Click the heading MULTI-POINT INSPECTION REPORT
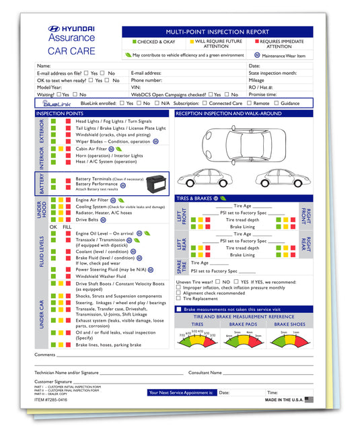pyautogui.click(x=217, y=32)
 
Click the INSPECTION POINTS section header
pyautogui.click(x=61, y=114)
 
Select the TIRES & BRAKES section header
pyautogui.click(x=194, y=198)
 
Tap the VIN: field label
pyautogui.click(x=136, y=87)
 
